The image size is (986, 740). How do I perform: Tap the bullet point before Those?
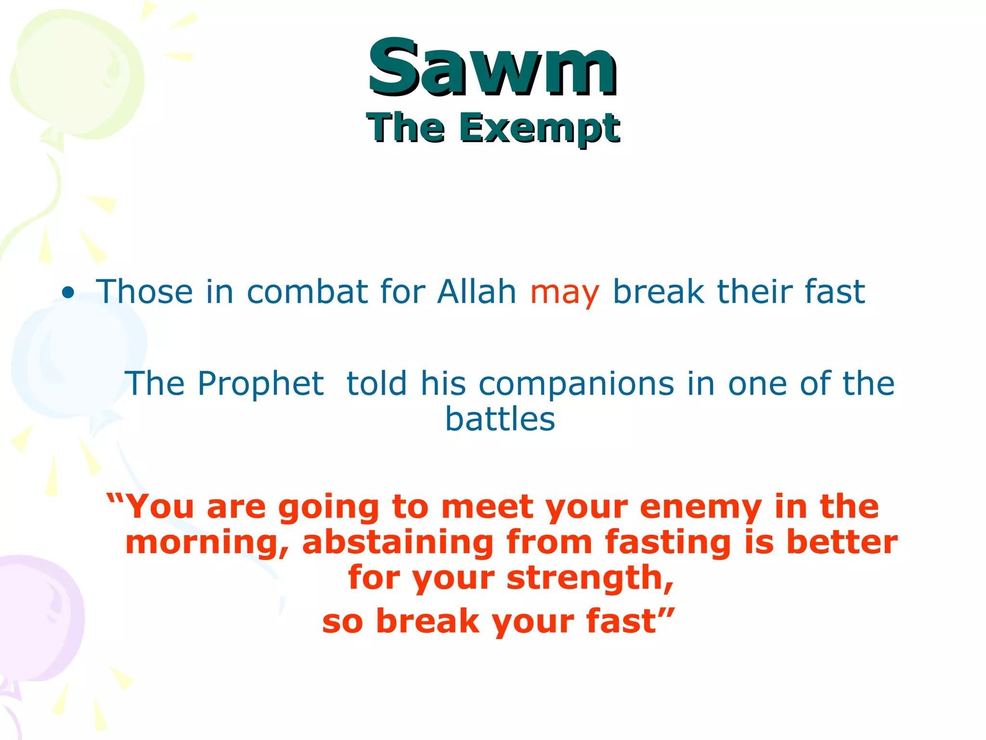pos(68,292)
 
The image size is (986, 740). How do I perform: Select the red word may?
pos(564,293)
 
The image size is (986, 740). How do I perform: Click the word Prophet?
pos(260,384)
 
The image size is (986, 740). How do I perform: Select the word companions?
pos(576,384)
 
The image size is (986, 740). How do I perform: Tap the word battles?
pos(500,419)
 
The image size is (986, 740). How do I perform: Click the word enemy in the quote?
pos(701,507)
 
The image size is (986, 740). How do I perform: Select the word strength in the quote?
pos(590,578)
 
